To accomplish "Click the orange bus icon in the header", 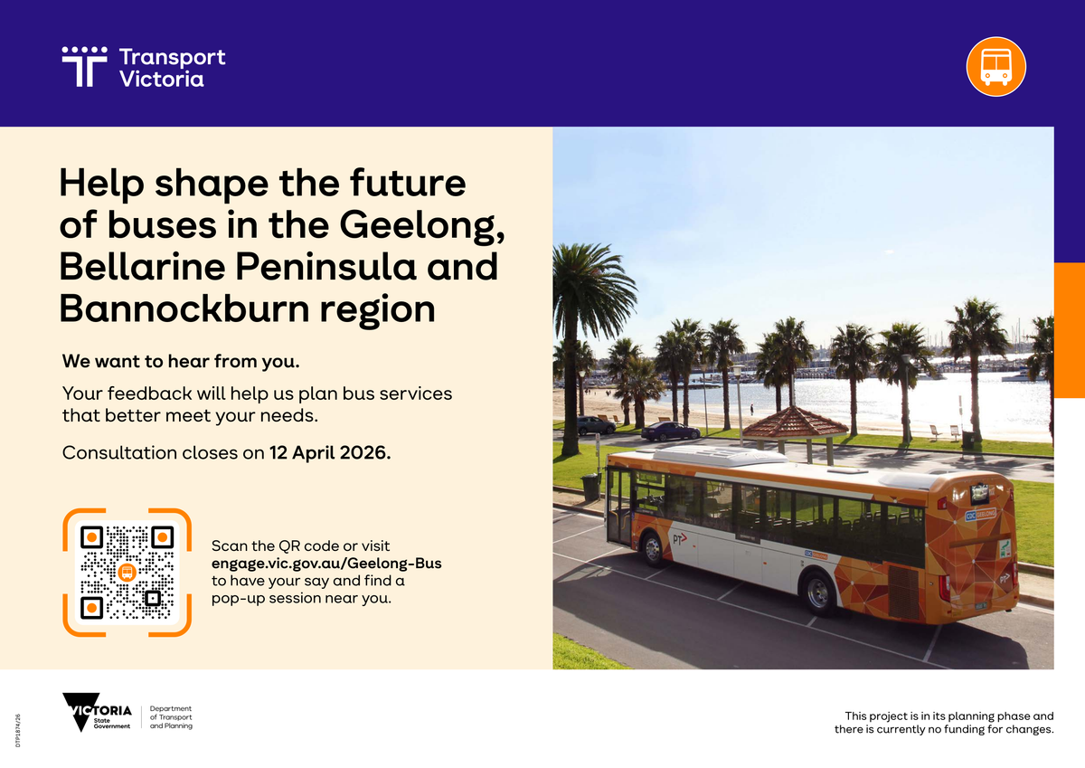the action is (995, 66).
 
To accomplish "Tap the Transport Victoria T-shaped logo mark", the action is (84, 67).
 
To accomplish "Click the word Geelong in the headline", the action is (422, 226).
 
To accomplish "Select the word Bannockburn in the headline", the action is (184, 308).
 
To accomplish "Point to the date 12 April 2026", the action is (330, 452).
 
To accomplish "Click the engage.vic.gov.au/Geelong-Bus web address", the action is (326, 563).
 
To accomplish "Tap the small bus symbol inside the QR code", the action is (127, 573).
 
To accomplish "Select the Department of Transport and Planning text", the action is (171, 717).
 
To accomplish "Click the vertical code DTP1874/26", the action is (18, 730).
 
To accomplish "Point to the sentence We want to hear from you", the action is (181, 361).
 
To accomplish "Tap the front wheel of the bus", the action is (653, 549).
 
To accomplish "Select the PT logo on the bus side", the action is (680, 539).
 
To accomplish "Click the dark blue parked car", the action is (671, 431).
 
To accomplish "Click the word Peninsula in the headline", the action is (325, 267).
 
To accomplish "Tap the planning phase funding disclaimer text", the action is (944, 723).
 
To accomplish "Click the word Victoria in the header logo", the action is (162, 79).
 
